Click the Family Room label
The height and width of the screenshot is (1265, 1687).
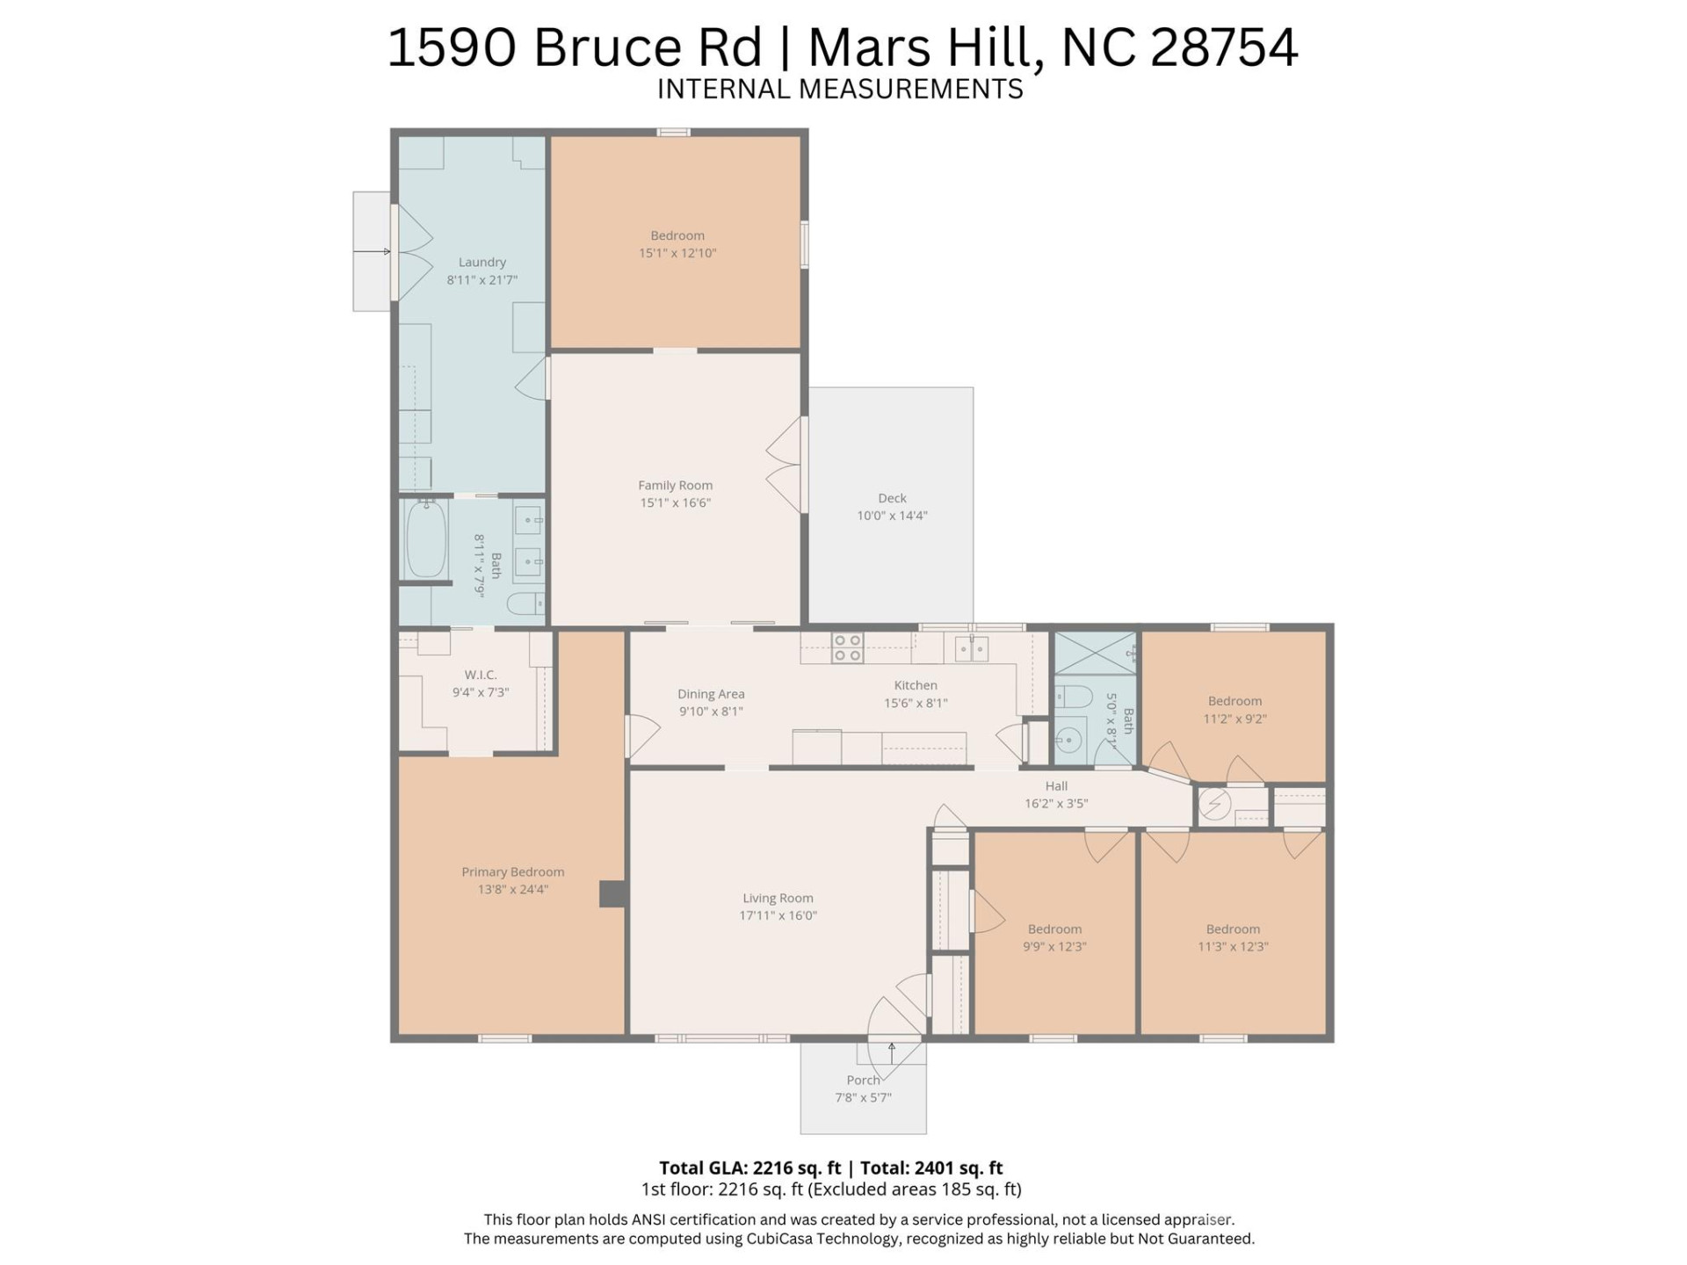click(675, 485)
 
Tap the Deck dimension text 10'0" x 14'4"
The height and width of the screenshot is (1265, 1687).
click(892, 516)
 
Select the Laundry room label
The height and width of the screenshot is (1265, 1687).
click(481, 262)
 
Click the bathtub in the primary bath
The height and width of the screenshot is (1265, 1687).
click(426, 539)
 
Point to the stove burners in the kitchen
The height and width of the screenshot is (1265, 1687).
click(847, 648)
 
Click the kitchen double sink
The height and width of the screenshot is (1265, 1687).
click(971, 649)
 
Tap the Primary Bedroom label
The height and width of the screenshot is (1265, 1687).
click(512, 871)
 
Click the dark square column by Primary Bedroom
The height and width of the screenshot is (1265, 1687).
click(612, 893)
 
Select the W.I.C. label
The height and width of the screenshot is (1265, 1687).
click(481, 675)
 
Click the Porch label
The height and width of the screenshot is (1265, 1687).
click(863, 1080)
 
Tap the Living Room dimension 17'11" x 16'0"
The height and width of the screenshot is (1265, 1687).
click(778, 915)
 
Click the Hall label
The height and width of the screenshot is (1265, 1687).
click(1056, 786)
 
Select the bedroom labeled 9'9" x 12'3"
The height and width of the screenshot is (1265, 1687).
click(1054, 937)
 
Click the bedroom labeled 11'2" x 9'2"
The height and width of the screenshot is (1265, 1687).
click(1234, 709)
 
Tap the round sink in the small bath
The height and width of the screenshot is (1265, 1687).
click(1068, 741)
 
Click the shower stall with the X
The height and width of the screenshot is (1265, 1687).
click(1094, 653)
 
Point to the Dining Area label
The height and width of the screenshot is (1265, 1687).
click(711, 694)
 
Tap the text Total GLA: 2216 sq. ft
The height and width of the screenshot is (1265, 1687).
click(749, 1167)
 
